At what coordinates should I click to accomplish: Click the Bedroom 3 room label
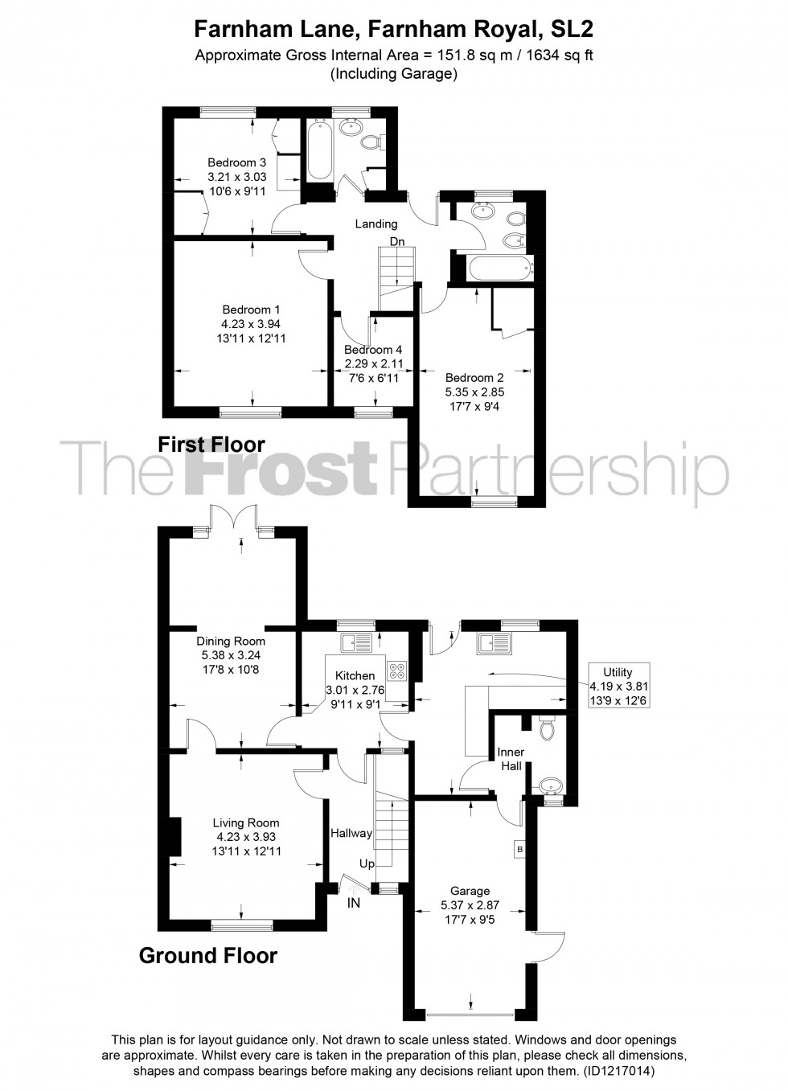click(x=236, y=162)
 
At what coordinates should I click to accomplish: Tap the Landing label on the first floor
click(x=376, y=224)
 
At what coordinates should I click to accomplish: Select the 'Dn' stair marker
click(x=397, y=241)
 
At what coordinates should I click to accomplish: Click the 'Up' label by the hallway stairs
click(x=367, y=863)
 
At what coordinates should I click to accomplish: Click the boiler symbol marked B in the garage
click(x=520, y=849)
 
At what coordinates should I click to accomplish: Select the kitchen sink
click(x=356, y=642)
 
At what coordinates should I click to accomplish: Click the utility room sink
click(x=494, y=642)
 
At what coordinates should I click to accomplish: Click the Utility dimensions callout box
click(x=618, y=686)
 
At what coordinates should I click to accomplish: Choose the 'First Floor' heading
click(x=211, y=444)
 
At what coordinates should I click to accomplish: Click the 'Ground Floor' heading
click(x=208, y=955)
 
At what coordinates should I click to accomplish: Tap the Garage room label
click(x=470, y=891)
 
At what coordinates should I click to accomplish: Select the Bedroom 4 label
click(x=373, y=349)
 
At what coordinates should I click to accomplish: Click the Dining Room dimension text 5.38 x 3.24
click(x=231, y=655)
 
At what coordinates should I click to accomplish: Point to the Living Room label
click(x=246, y=822)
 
